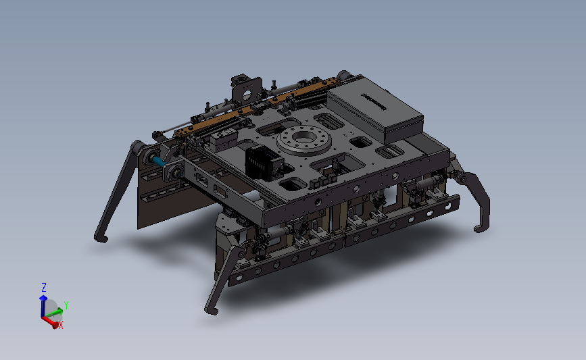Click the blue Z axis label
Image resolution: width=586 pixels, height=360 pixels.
pyautogui.click(x=44, y=288)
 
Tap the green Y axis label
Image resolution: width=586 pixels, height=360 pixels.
pyautogui.click(x=66, y=305)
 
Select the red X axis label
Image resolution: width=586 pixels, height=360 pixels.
pyautogui.click(x=61, y=326)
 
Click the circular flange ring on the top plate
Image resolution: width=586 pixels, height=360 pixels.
pyautogui.click(x=304, y=140)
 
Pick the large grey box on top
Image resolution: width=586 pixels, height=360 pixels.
pyautogui.click(x=375, y=109)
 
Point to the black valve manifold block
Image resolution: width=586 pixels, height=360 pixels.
pyautogui.click(x=263, y=163)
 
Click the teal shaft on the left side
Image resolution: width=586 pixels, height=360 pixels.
pyautogui.click(x=159, y=161)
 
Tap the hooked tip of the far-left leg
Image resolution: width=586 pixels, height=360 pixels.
pyautogui.click(x=101, y=238)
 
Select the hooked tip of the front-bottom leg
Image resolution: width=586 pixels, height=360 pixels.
pyautogui.click(x=211, y=310)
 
